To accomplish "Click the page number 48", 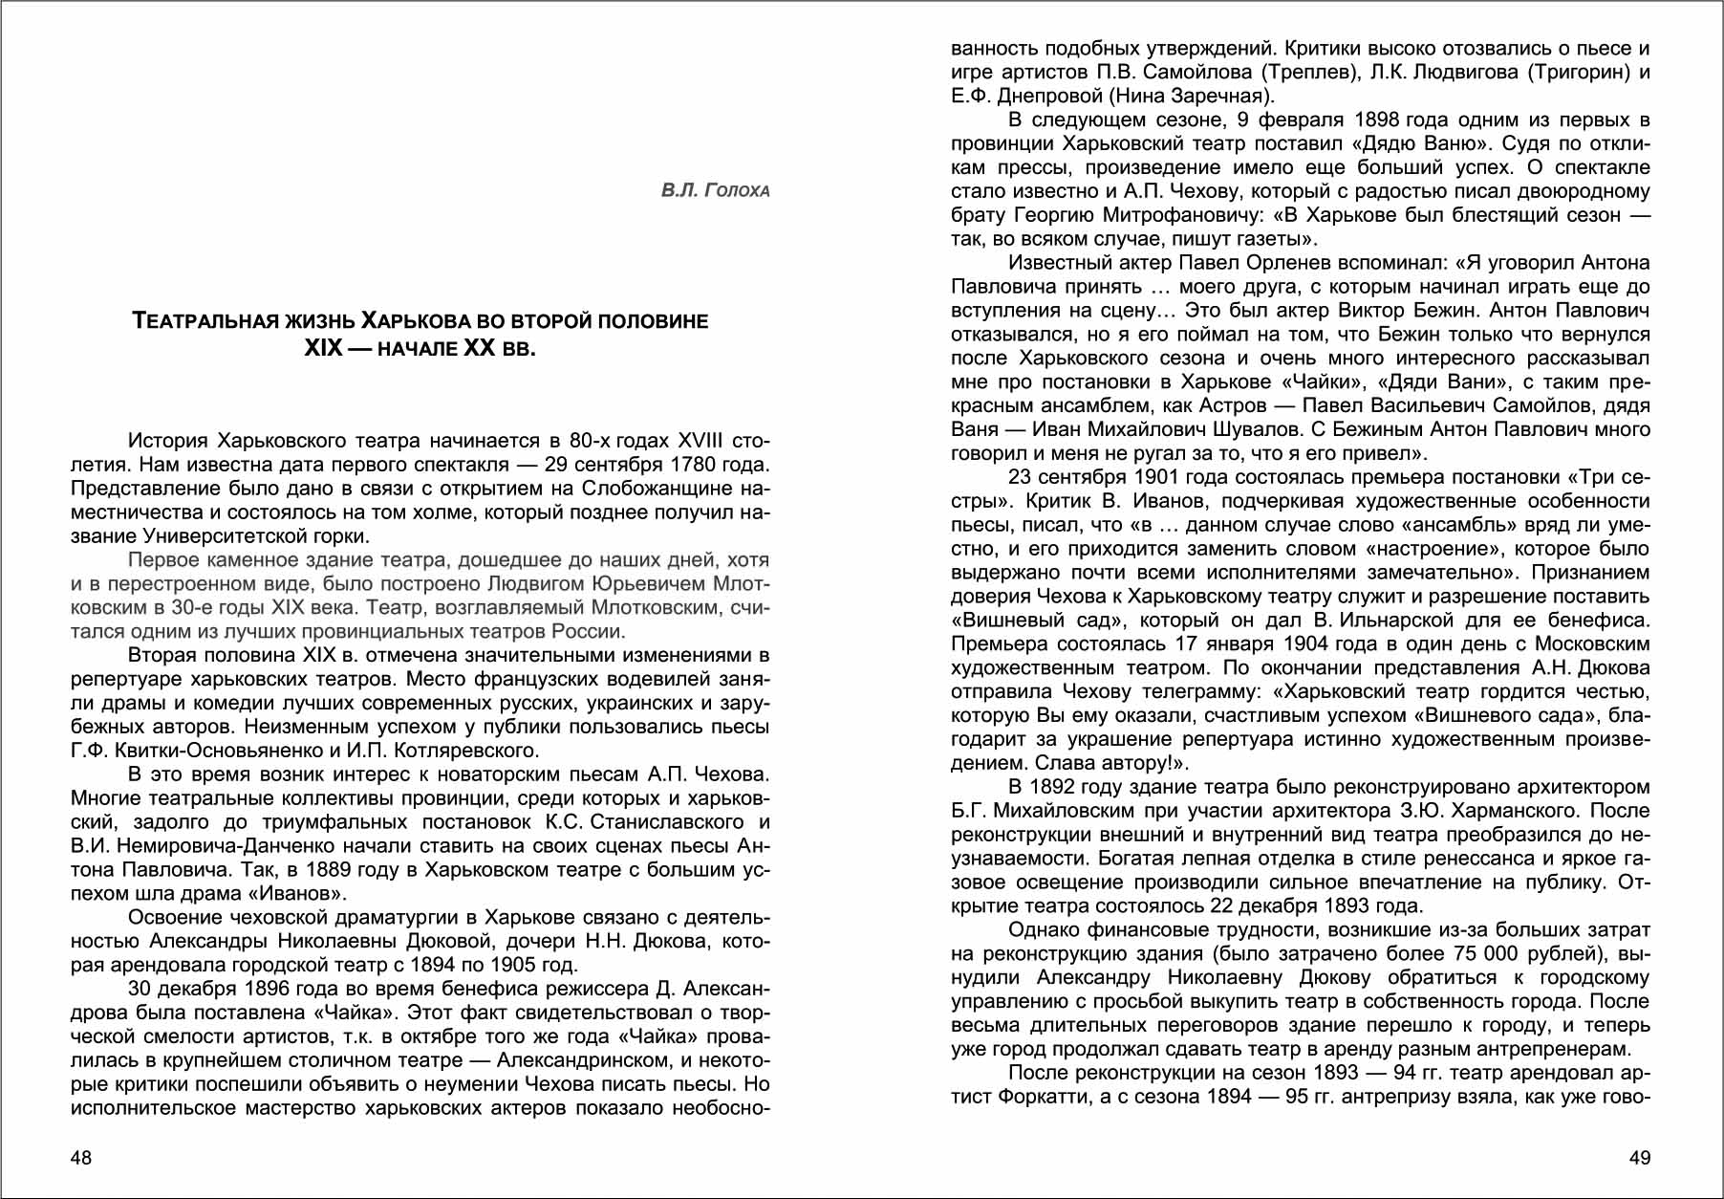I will pos(81,1158).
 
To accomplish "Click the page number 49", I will pos(1639,1158).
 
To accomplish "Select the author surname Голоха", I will pos(737,190).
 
